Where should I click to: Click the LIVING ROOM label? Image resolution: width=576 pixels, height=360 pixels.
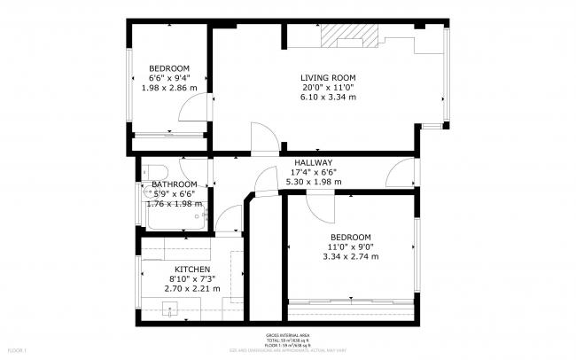tap(328, 77)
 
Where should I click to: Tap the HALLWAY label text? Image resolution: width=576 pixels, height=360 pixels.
tap(314, 162)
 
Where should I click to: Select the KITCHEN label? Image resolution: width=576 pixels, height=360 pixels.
tap(192, 269)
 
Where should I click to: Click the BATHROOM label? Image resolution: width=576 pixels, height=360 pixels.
tap(167, 184)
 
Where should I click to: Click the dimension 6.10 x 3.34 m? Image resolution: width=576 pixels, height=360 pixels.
tap(328, 98)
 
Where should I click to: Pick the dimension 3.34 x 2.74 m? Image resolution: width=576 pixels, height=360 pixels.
tap(350, 256)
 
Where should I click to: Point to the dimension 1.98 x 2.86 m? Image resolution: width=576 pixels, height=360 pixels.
tap(169, 89)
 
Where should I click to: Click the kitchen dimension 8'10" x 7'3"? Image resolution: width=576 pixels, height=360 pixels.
tap(192, 278)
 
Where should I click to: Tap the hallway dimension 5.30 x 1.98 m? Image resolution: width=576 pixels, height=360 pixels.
tap(314, 182)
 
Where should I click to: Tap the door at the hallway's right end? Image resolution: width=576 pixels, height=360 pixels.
tap(399, 174)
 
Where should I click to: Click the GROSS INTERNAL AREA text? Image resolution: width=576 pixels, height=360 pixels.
tap(288, 336)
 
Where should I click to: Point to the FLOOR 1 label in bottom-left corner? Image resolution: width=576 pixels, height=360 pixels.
tap(15, 352)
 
